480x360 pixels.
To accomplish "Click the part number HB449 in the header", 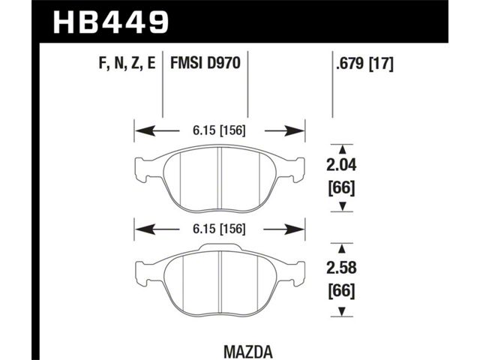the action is click(111, 22).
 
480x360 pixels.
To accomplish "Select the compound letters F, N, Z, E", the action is click(127, 64).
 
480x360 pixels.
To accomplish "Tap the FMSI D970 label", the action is click(205, 64).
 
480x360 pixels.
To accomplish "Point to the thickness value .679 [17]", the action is click(364, 64).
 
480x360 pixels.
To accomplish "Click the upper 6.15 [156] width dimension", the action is click(219, 131).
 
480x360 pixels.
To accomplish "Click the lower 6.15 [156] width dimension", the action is click(219, 229).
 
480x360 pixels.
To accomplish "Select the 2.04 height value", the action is click(342, 165).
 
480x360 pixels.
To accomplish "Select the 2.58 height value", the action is click(342, 268).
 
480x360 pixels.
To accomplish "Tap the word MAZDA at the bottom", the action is click(248, 352).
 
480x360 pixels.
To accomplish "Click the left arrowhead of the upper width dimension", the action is click(145, 131).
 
